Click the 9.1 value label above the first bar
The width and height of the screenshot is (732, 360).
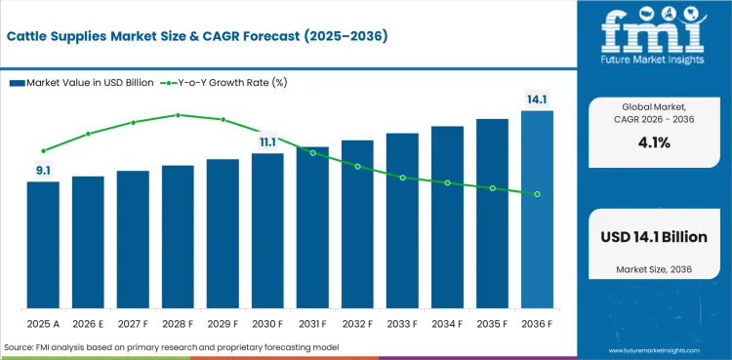pyautogui.click(x=43, y=171)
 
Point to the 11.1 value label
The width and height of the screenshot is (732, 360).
pyautogui.click(x=267, y=142)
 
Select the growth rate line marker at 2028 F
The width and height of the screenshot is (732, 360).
pyautogui.click(x=178, y=115)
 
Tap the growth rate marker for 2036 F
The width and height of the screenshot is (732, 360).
pyautogui.click(x=537, y=194)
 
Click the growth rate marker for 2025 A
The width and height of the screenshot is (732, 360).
pyautogui.click(x=43, y=151)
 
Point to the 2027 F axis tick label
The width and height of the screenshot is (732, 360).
pyautogui.click(x=133, y=322)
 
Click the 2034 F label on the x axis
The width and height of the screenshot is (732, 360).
pyautogui.click(x=447, y=322)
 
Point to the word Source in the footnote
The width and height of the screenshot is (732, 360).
pyautogui.click(x=21, y=347)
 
